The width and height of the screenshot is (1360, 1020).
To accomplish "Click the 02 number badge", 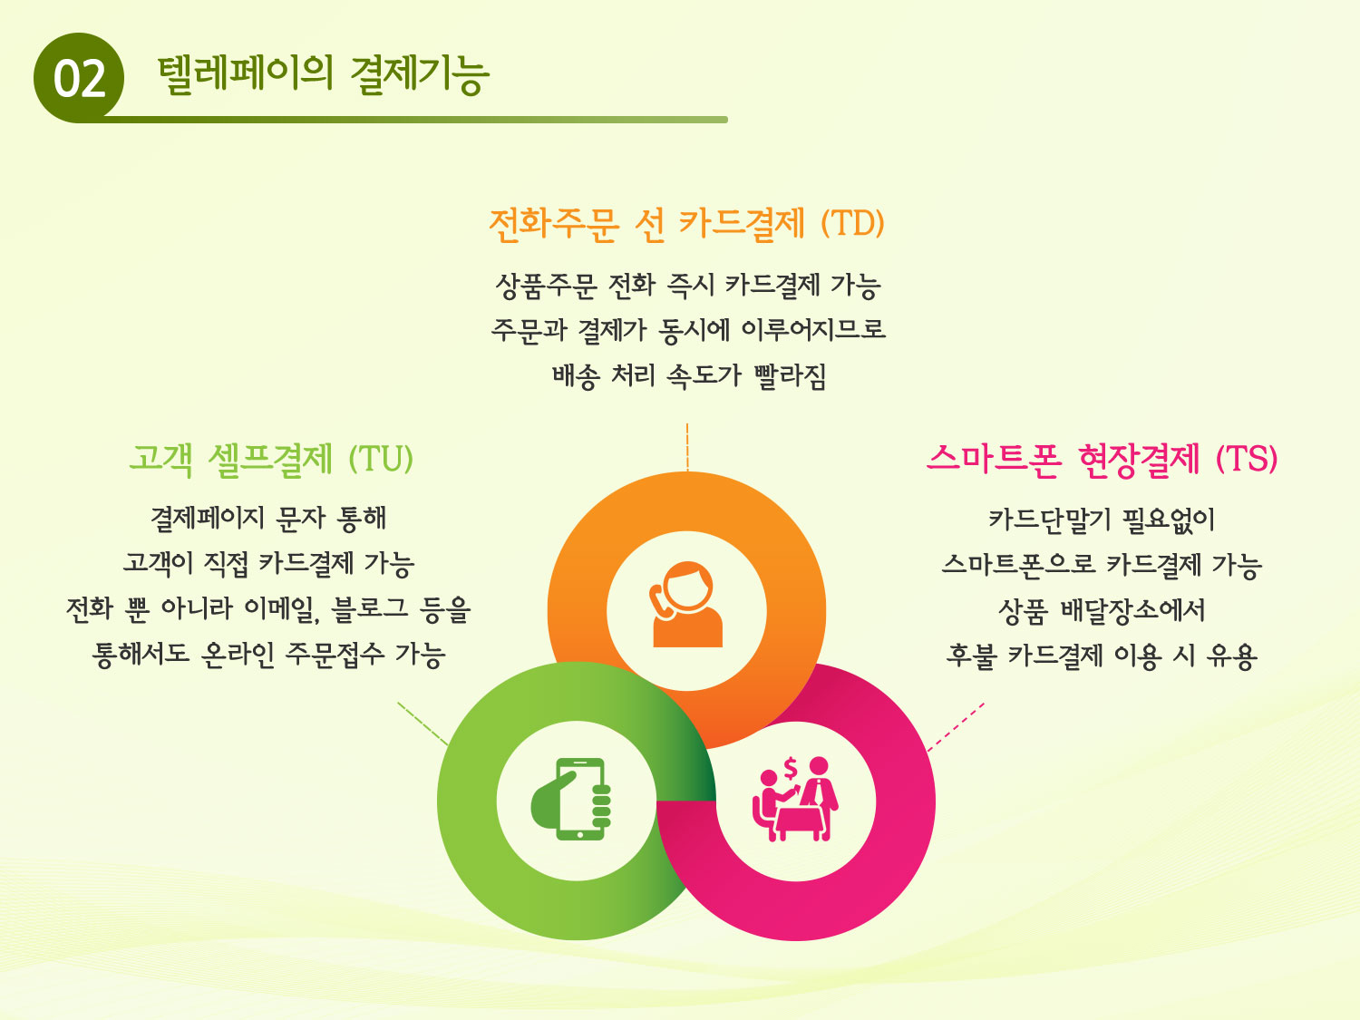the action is point(79,77).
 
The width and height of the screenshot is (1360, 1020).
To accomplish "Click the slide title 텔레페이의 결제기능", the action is point(323,75).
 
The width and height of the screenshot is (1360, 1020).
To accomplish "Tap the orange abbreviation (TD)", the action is point(852,223).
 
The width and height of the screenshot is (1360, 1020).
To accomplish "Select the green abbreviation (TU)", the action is point(381,459).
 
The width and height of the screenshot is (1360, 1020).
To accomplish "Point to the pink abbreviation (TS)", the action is point(1246,459).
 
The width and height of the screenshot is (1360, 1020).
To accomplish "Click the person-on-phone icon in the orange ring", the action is point(686,605).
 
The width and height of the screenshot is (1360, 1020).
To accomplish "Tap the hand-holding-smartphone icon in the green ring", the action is point(571,799).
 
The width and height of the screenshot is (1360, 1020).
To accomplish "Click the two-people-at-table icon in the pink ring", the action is point(795,799).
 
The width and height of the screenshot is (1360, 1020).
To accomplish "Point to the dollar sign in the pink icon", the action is point(790,769).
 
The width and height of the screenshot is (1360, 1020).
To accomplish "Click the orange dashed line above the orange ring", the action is point(687,447).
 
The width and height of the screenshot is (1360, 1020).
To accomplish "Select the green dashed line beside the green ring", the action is point(423,724).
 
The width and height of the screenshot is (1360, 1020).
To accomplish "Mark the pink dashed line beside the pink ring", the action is point(956,727).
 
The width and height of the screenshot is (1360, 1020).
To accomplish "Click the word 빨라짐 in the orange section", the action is point(790,375).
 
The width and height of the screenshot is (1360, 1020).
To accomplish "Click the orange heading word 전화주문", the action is point(554,224).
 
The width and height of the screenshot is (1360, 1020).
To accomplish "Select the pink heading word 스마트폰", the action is point(994,460).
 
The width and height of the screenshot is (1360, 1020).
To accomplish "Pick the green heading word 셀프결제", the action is point(270,460).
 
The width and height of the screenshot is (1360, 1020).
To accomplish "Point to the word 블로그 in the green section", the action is point(369,608).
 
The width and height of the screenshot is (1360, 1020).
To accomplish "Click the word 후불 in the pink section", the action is point(971,656).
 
